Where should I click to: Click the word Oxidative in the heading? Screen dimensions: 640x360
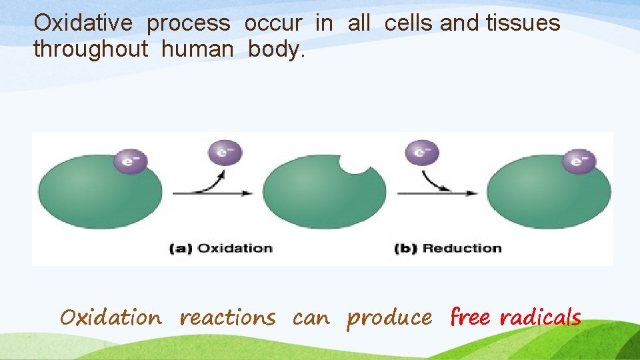[x=83, y=23]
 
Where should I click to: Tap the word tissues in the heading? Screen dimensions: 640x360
[x=523, y=23]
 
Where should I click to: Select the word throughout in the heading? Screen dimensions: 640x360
[x=90, y=49]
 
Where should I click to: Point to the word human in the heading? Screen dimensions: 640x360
[x=198, y=49]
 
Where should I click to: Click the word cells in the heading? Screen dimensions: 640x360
[x=409, y=23]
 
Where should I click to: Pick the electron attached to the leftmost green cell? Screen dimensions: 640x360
[x=130, y=161]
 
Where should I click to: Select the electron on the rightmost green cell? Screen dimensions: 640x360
[x=579, y=161]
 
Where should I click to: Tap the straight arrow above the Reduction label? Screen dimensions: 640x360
[x=437, y=193]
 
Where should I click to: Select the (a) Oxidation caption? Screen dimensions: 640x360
[x=221, y=249]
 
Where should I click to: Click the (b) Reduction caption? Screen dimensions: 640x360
[x=447, y=249]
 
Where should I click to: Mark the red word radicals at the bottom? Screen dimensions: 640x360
[x=540, y=317]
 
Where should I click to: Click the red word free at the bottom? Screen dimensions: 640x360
[x=470, y=317]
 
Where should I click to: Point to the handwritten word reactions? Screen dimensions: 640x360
[x=227, y=318]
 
